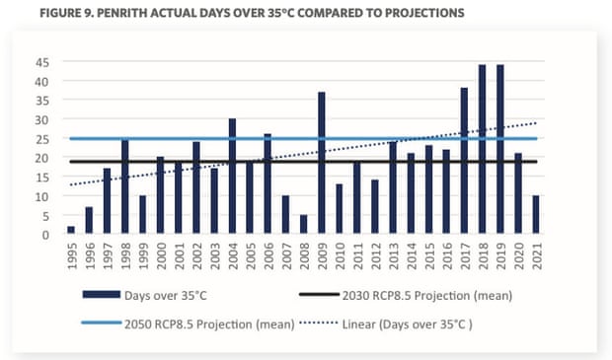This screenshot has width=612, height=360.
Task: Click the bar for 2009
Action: (322, 164)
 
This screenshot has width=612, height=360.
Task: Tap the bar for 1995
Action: (71, 231)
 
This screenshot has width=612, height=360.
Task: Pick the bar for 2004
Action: (232, 177)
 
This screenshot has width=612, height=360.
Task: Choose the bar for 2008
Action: (304, 225)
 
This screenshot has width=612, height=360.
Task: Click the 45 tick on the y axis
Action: (43, 62)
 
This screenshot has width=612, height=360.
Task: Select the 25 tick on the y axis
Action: (43, 139)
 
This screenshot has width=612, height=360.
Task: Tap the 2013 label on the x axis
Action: (393, 261)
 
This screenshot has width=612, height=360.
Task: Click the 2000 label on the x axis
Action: (161, 261)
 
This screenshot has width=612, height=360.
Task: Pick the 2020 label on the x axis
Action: (518, 261)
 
